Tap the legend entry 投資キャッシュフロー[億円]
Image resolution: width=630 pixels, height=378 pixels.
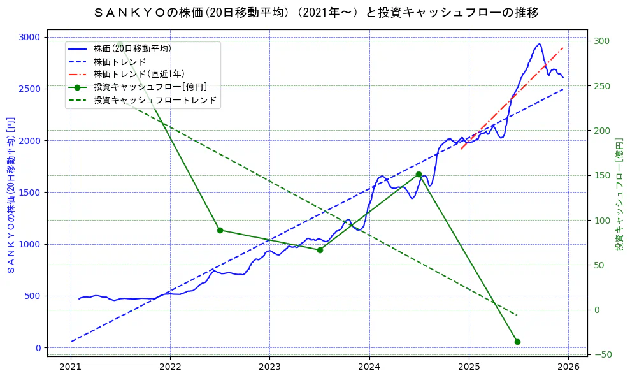[150, 87]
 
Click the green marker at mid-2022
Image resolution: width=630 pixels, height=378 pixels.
[220, 230]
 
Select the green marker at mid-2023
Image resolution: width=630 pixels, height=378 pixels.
[320, 250]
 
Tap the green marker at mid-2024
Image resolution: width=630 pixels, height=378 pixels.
[419, 174]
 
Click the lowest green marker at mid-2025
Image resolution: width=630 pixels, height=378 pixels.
[517, 342]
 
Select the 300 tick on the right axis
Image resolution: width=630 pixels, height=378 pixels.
[602, 41]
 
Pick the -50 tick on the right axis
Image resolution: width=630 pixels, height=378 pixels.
[602, 355]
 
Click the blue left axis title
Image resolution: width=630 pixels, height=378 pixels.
[10, 194]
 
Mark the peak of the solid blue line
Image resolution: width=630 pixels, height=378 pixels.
[540, 44]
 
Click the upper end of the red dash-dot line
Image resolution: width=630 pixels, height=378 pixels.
[563, 48]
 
